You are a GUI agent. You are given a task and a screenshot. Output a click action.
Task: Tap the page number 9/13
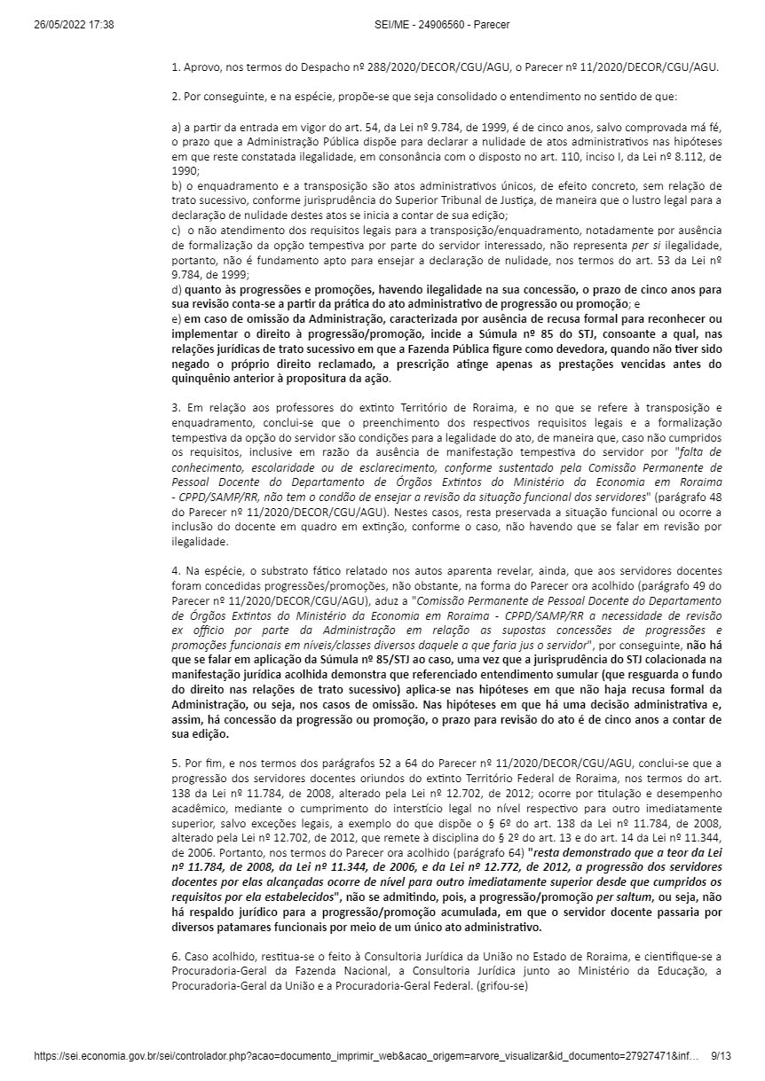point(722,1057)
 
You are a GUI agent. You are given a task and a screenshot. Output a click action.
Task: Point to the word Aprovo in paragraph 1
point(201,67)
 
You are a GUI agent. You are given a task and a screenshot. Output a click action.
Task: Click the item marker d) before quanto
point(177,288)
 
